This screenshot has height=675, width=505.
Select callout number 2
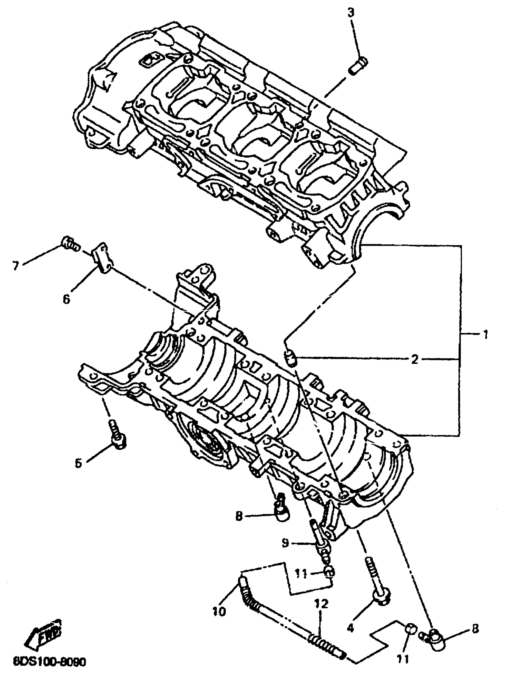[414, 360]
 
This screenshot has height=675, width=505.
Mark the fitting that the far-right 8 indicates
[435, 635]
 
